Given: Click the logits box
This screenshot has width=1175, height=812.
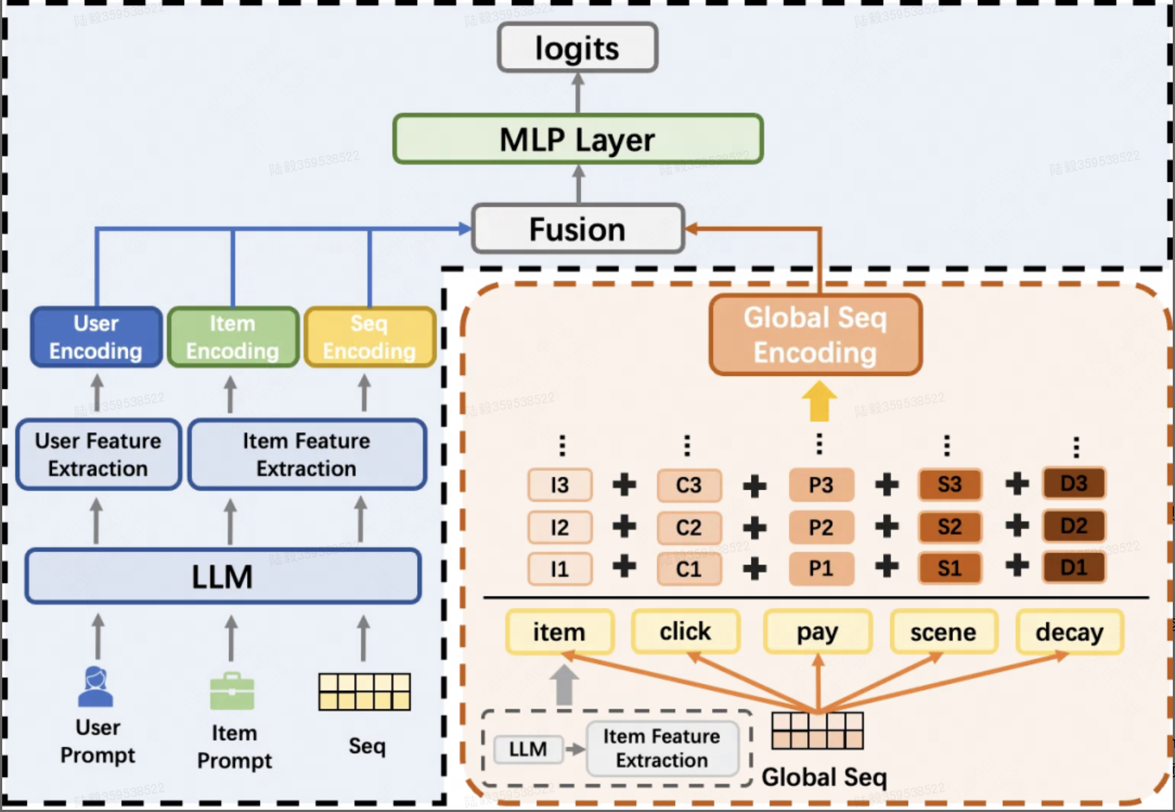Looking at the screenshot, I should (x=577, y=48).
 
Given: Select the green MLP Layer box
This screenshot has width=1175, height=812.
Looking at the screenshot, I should (x=577, y=139).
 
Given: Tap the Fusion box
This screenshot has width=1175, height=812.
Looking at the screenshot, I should (x=577, y=229).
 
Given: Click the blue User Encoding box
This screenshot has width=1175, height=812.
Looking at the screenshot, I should (x=96, y=337).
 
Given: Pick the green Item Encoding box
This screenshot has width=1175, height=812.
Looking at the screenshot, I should (x=232, y=337).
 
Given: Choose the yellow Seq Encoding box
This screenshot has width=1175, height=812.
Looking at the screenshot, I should (x=370, y=337).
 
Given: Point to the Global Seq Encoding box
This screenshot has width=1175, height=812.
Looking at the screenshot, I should (x=815, y=335).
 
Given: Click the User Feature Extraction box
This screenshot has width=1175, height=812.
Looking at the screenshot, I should (x=98, y=455).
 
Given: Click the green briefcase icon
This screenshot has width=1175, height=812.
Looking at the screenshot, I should (x=232, y=692).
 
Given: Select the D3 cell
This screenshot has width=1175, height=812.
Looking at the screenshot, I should (x=1074, y=484).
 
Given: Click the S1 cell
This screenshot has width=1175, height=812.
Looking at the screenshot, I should (x=949, y=568).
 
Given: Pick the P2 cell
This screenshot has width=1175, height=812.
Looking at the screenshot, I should (x=820, y=527).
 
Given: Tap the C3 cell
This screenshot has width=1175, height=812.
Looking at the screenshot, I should (x=689, y=485).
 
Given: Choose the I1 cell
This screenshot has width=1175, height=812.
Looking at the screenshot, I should (x=560, y=569).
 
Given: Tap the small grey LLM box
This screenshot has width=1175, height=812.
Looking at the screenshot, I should (x=527, y=749).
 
